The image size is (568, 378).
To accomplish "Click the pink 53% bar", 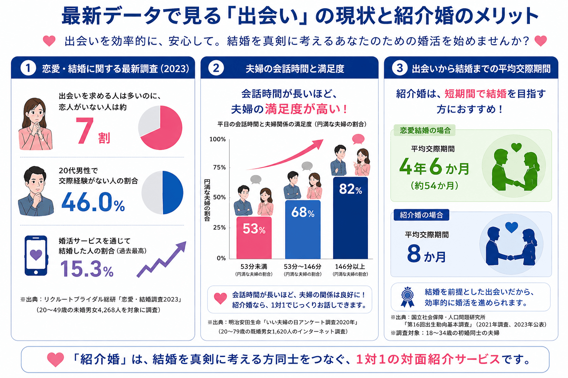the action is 254,237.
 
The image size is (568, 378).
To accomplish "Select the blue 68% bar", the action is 303,229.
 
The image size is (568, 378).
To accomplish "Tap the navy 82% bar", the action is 351,218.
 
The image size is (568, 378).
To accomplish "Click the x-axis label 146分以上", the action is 350,267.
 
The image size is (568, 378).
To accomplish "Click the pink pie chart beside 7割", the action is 160,128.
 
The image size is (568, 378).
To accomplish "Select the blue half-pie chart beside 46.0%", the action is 162,192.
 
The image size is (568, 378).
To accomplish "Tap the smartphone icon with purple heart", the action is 36,255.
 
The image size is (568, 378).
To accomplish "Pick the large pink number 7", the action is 84,131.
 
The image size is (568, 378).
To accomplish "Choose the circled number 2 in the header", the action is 216,68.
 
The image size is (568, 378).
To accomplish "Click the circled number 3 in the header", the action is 399,68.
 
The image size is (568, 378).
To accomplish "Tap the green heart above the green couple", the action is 516,147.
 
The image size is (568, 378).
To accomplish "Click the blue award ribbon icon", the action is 408,297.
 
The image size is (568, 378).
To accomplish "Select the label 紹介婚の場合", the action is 421,215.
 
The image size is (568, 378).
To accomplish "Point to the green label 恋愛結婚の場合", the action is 425,130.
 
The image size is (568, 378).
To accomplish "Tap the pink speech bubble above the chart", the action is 358,139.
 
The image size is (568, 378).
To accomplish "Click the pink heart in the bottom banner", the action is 55,360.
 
